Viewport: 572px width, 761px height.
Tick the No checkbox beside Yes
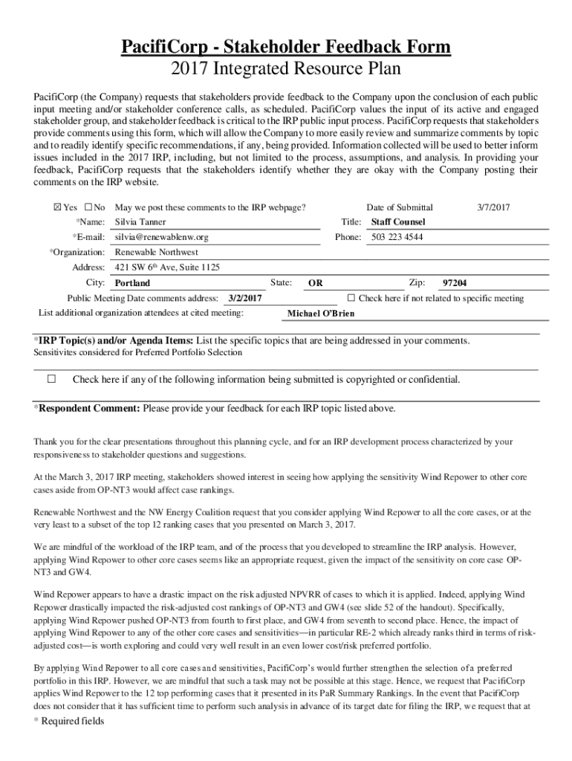(x=88, y=207)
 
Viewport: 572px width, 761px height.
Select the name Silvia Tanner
(x=140, y=222)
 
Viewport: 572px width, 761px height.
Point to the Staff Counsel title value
(x=398, y=222)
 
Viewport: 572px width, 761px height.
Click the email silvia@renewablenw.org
(x=161, y=237)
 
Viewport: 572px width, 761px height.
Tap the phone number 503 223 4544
(x=397, y=237)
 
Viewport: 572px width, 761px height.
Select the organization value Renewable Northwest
(x=155, y=252)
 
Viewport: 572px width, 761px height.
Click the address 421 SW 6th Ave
(x=167, y=268)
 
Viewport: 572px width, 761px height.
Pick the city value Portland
(x=132, y=283)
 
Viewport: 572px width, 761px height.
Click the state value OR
(x=316, y=283)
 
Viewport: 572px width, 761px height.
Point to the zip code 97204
(x=455, y=283)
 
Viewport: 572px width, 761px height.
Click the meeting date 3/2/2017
(x=246, y=298)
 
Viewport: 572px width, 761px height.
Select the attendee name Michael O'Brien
(x=320, y=314)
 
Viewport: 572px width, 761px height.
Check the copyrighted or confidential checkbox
(x=51, y=379)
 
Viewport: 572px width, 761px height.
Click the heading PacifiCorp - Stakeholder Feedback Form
(x=286, y=48)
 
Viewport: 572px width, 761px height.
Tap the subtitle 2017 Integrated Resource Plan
(x=286, y=70)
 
